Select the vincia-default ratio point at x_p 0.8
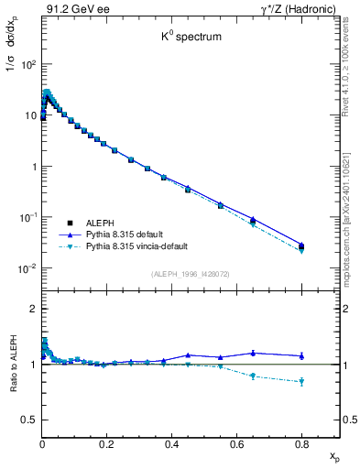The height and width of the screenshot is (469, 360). [301, 381]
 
